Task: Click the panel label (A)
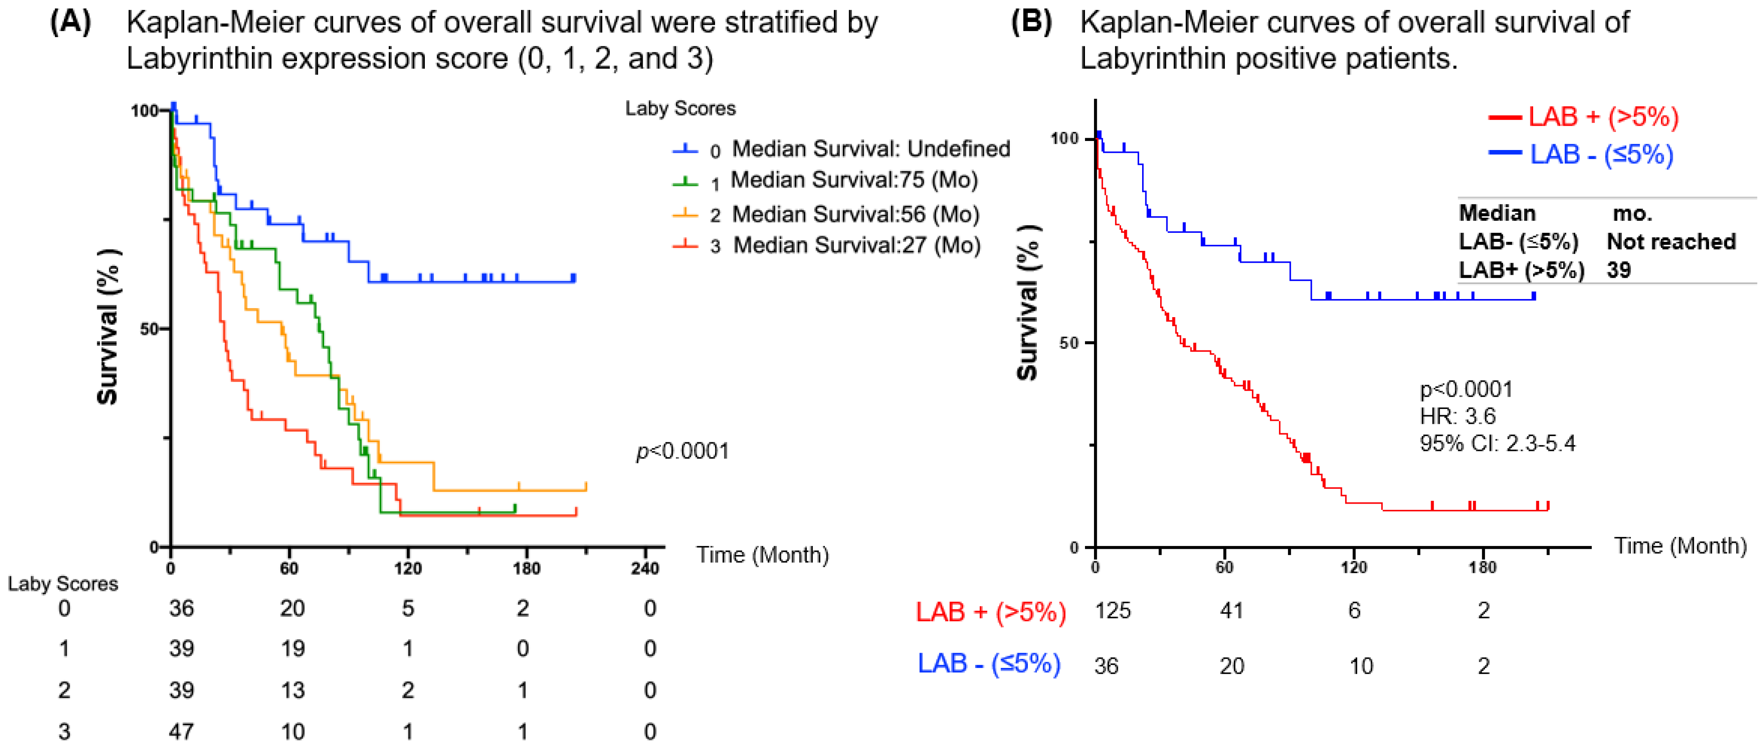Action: [70, 22]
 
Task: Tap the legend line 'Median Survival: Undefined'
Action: [870, 148]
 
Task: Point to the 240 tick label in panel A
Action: [644, 568]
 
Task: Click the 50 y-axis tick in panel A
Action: [149, 329]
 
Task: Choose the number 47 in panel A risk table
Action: [181, 732]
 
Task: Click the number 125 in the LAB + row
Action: [1112, 610]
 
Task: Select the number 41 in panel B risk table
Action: [1231, 610]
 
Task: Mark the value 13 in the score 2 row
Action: [293, 691]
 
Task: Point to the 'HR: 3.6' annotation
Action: [1457, 416]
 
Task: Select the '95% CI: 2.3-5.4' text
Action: [1497, 443]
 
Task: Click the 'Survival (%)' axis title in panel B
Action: [1027, 302]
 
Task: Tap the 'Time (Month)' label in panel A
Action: [762, 555]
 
